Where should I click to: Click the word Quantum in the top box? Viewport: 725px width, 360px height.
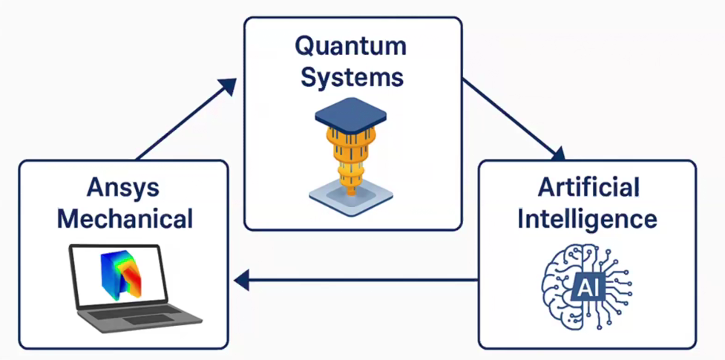point(350,45)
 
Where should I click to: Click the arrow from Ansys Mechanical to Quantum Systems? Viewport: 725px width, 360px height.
point(186,119)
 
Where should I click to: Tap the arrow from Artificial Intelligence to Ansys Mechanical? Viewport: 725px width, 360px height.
point(356,280)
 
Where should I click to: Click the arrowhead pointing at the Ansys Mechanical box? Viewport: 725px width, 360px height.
point(240,280)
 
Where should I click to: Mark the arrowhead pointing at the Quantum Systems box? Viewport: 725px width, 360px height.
point(229,86)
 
